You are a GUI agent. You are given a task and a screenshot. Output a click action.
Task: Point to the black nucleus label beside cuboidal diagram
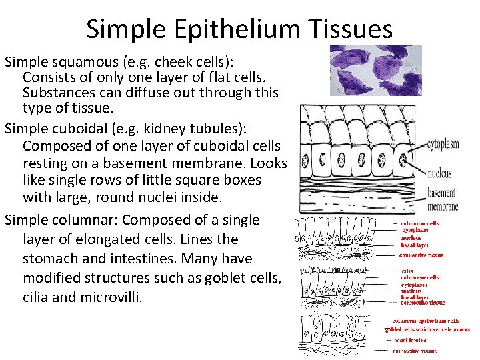[438, 173]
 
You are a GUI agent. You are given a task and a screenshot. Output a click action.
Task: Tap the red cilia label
[407, 271]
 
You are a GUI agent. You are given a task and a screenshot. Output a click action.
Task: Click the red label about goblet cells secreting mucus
[427, 329]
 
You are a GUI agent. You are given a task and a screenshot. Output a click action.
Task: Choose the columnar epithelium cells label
[430, 321]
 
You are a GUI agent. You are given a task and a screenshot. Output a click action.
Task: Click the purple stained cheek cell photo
[376, 70]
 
